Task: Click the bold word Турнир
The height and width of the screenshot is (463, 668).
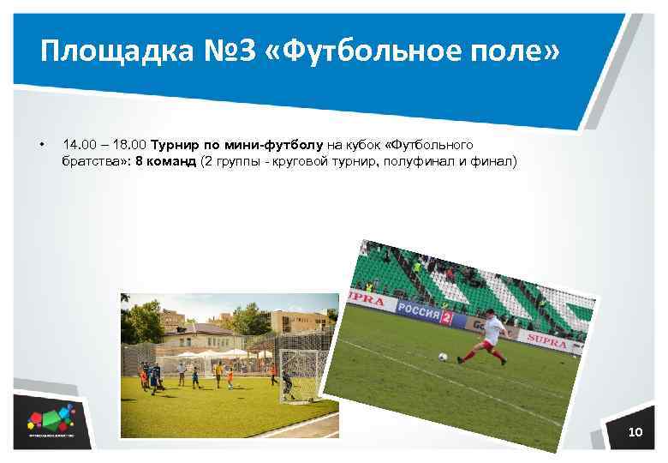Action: tap(174, 144)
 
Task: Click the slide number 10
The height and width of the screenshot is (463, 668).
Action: tap(635, 431)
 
